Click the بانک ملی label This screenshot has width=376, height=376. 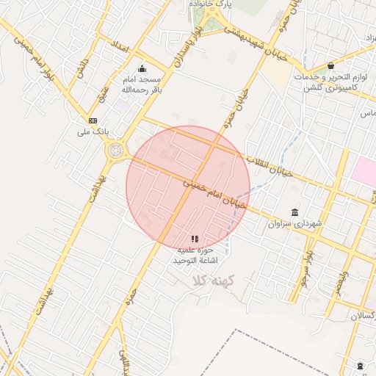coord(93,133)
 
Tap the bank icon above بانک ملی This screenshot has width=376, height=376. coord(93,120)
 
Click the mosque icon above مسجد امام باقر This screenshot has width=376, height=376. coord(142,69)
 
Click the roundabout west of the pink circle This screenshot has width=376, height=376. coord(116,151)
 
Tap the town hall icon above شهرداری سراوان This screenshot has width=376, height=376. coord(294,211)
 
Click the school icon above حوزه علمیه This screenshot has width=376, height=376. coord(195,239)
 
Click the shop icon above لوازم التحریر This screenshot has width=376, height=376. coord(330,65)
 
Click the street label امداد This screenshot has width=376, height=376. coord(119,47)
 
